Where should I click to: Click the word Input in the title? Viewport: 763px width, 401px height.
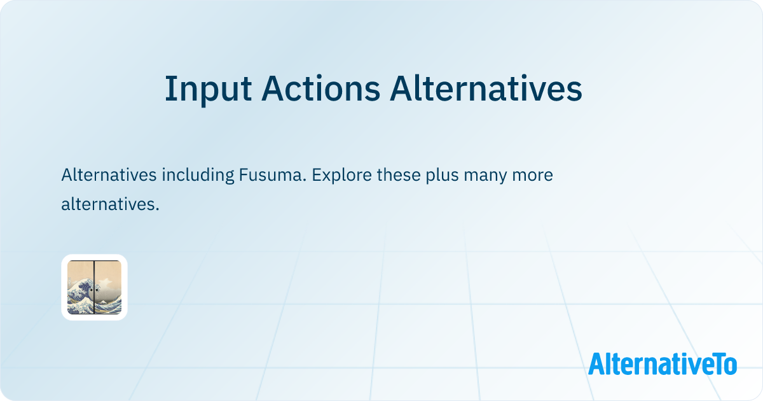[208, 89]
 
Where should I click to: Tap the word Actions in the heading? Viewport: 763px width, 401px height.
[320, 89]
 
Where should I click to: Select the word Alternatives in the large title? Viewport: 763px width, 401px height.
[486, 89]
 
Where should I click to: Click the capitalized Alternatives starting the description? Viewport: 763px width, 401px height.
[109, 174]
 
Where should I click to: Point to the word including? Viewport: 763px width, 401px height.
[198, 175]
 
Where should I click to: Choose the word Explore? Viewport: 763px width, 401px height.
[341, 175]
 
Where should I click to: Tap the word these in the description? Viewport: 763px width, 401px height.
[399, 174]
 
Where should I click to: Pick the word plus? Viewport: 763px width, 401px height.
[442, 175]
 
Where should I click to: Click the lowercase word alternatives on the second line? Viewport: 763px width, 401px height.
[110, 204]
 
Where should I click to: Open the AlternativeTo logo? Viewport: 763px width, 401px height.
[663, 363]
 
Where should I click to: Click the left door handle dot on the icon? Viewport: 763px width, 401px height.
[92, 290]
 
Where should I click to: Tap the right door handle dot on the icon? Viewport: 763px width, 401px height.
[97, 290]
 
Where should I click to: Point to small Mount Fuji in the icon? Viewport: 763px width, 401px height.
[102, 302]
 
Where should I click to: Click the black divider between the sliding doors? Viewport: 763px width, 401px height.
[94, 287]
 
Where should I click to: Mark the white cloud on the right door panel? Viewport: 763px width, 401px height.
[105, 283]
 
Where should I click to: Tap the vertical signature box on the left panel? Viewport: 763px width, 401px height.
[70, 283]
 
